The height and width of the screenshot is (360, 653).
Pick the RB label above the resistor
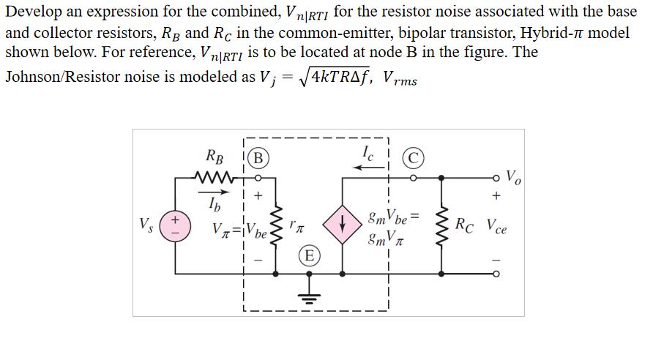215,157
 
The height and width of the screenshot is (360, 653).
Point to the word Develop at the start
35,12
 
